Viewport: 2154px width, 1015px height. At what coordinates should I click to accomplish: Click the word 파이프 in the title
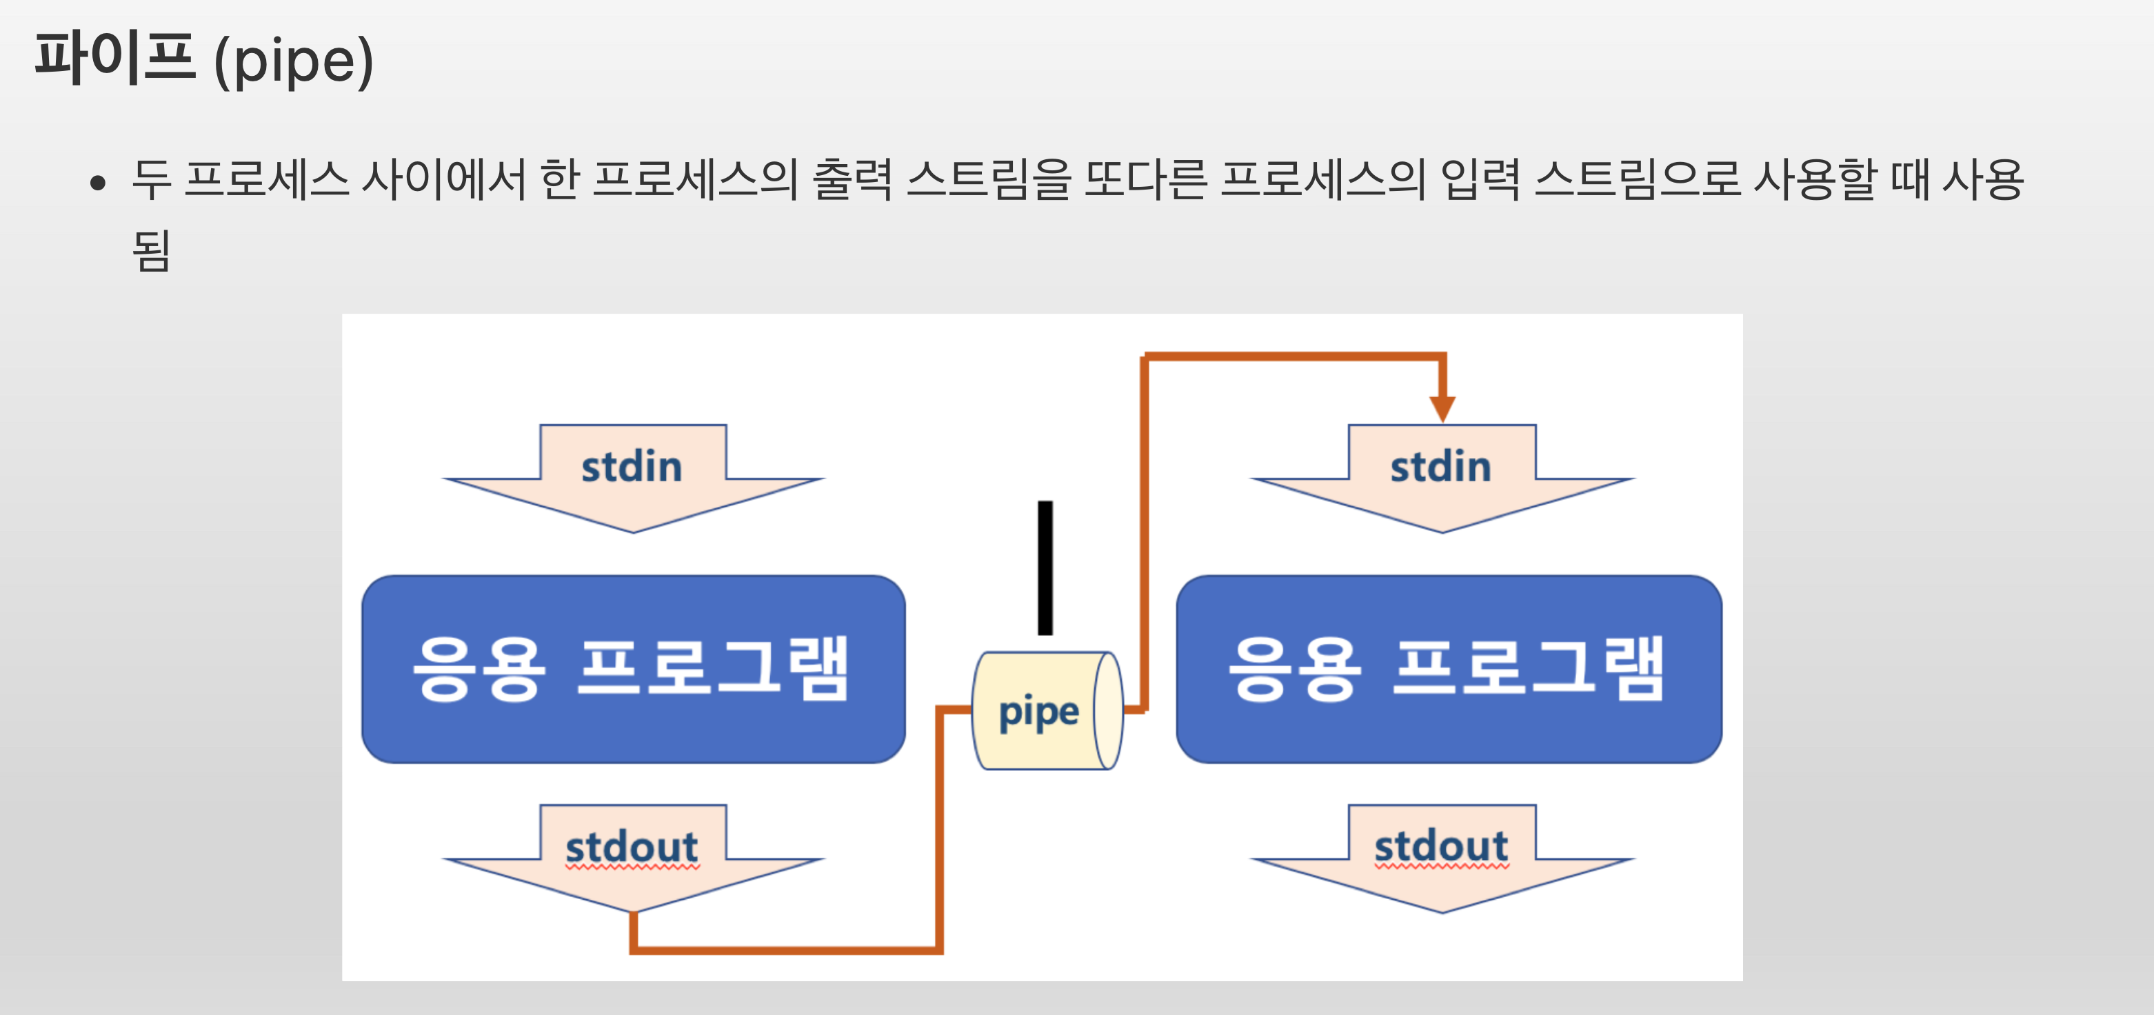click(114, 59)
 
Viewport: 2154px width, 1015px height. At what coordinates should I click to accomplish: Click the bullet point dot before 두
click(99, 182)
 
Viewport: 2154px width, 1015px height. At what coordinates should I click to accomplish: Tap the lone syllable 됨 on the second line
click(152, 250)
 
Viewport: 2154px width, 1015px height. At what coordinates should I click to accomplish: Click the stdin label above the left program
click(632, 467)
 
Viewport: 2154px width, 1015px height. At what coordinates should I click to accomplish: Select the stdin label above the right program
click(1440, 467)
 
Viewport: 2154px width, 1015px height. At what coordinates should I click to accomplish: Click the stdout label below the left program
click(632, 847)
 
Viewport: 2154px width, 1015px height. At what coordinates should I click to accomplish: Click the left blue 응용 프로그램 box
click(633, 669)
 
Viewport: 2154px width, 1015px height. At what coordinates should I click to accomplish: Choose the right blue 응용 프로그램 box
click(1448, 669)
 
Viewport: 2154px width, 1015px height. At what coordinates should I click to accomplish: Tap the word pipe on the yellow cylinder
click(1038, 712)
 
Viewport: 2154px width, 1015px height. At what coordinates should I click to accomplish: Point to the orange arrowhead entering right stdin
click(1442, 409)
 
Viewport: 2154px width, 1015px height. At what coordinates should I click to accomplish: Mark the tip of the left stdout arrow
click(633, 910)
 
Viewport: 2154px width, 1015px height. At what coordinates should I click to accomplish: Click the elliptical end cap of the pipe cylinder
click(1108, 711)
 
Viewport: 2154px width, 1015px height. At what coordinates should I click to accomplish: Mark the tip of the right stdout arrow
click(1442, 910)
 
